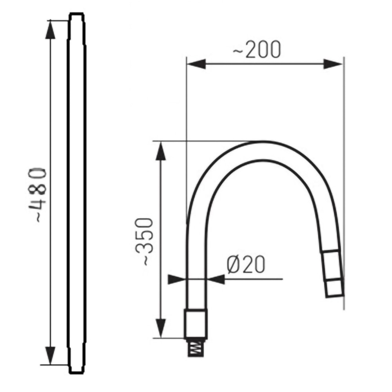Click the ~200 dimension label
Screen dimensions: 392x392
click(x=257, y=49)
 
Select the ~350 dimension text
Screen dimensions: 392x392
click(x=144, y=242)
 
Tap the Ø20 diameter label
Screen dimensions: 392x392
click(x=246, y=265)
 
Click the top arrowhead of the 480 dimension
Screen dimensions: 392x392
click(x=51, y=29)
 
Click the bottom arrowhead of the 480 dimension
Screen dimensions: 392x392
click(x=51, y=356)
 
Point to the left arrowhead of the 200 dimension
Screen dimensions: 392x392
click(x=196, y=64)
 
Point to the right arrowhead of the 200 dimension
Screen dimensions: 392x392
click(x=333, y=64)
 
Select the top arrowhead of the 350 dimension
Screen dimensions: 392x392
click(x=160, y=151)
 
